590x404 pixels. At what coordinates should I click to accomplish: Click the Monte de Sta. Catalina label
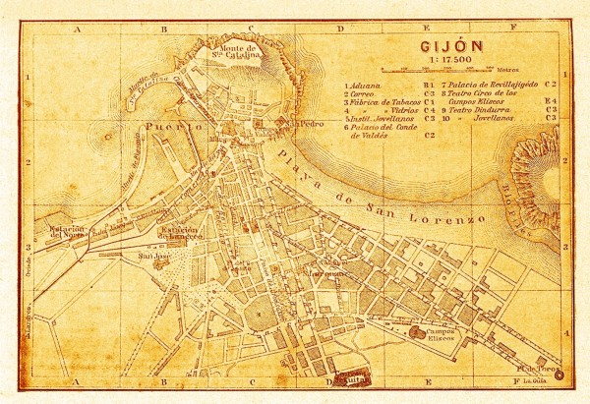point(238,51)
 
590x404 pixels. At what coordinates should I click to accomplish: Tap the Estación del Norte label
point(63,232)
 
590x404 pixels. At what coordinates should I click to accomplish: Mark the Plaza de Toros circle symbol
point(559,375)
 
